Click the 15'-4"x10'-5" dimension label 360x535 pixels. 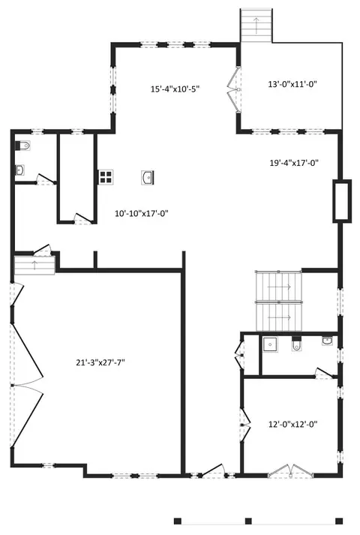point(175,89)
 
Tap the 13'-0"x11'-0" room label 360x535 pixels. point(292,84)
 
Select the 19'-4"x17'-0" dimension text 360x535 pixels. point(294,163)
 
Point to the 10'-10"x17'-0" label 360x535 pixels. point(142,214)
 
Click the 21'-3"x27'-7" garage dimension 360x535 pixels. point(100,362)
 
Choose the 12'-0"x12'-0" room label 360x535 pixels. point(292,425)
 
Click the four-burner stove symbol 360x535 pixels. point(106,177)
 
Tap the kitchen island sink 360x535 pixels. point(148,178)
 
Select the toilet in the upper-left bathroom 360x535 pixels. point(22,146)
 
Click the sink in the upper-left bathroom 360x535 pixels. point(19,170)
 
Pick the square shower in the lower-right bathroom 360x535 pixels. point(270,344)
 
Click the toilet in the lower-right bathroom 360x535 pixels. point(296,344)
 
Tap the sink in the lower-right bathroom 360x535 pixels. point(327,341)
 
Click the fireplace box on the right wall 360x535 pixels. point(342,201)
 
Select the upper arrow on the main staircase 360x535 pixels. point(279,287)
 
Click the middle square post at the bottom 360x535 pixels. point(248,521)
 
